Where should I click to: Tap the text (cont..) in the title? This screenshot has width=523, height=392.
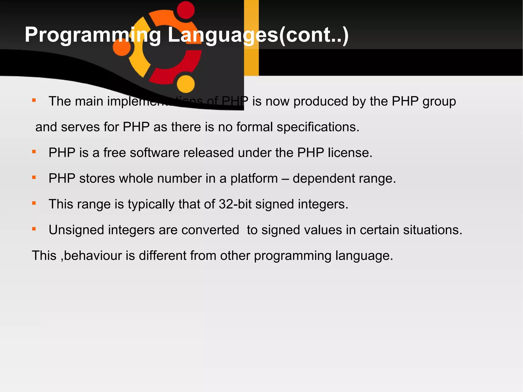click(x=314, y=35)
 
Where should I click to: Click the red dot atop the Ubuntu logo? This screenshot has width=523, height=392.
click(x=186, y=10)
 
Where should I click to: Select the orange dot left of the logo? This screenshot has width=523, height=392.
click(x=122, y=47)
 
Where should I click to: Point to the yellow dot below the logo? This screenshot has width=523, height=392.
click(x=186, y=84)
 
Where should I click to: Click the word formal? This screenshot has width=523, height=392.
click(x=255, y=127)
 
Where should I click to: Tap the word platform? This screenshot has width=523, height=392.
click(x=254, y=179)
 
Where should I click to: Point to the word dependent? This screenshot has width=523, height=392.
click(x=324, y=179)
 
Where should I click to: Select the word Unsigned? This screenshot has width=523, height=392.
click(x=76, y=230)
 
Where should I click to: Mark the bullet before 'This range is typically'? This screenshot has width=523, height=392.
click(x=34, y=203)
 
